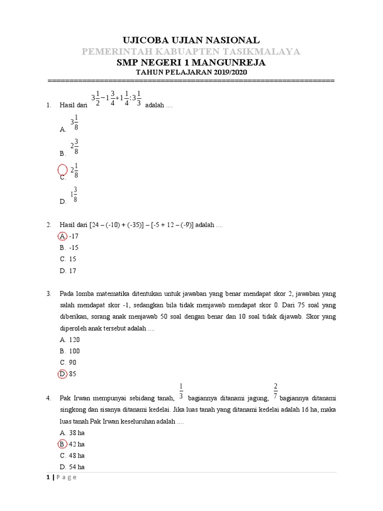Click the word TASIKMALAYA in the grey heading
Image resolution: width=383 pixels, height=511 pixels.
click(x=257, y=52)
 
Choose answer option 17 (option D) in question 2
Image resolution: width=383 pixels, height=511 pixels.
click(x=73, y=271)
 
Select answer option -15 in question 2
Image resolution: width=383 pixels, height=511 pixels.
click(x=73, y=248)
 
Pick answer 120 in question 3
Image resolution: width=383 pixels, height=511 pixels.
click(x=74, y=340)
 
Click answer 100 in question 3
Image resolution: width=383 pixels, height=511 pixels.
click(x=74, y=351)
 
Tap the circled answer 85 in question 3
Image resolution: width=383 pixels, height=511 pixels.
click(x=73, y=374)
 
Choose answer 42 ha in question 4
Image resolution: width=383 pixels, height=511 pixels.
click(x=77, y=444)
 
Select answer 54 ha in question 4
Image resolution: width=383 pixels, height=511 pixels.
click(x=77, y=467)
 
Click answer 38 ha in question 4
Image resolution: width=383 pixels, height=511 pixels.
click(x=77, y=433)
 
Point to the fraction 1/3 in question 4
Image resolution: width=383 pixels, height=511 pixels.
click(x=181, y=391)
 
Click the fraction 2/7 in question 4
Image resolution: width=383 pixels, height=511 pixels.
click(x=275, y=391)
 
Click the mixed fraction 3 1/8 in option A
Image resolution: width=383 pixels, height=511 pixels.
click(x=74, y=122)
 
